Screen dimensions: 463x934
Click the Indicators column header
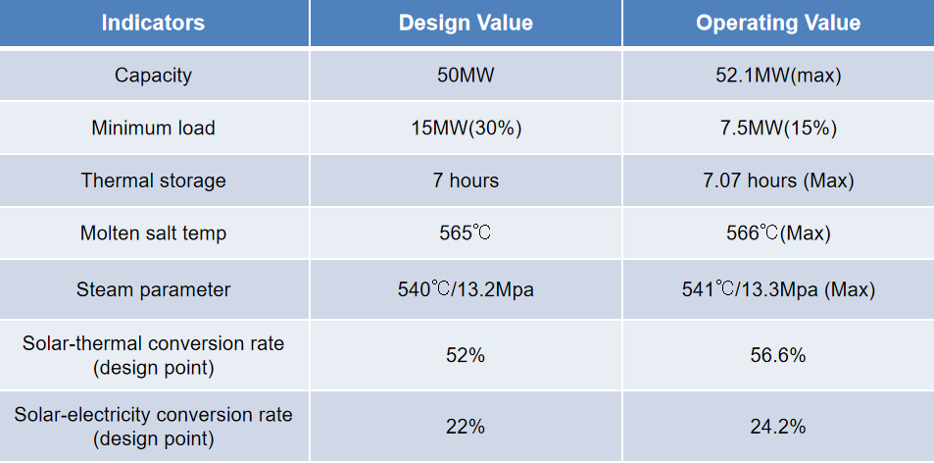click(x=153, y=23)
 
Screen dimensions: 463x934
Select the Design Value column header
click(x=466, y=23)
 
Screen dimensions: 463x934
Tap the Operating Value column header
click(x=778, y=23)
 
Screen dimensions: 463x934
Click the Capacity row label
click(x=153, y=76)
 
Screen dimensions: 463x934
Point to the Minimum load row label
click(x=153, y=129)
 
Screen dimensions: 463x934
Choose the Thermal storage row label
click(x=153, y=180)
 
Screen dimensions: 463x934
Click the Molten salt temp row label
click(x=153, y=233)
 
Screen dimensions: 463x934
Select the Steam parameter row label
click(x=153, y=289)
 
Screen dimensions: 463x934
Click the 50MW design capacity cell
click(x=466, y=76)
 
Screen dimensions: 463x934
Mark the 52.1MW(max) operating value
click(x=778, y=76)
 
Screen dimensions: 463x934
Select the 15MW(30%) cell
click(x=466, y=129)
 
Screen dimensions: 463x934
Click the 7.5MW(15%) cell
click(x=778, y=129)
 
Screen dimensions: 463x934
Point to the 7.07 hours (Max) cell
click(x=778, y=180)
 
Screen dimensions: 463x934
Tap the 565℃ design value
click(x=466, y=233)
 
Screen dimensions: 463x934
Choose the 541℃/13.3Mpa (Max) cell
click(x=778, y=289)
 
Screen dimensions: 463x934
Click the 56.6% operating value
click(x=778, y=355)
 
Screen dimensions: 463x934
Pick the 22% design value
click(x=466, y=426)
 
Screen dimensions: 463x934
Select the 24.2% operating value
click(x=778, y=426)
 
